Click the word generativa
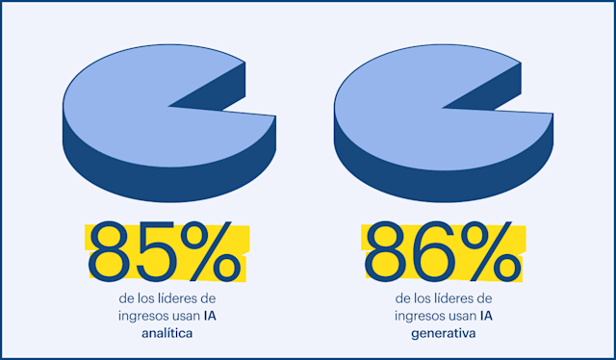point(443,333)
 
